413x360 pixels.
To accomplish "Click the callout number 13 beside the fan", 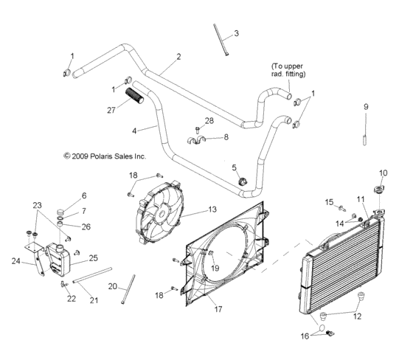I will point(192,210).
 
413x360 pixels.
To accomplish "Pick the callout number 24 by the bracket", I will point(15,260).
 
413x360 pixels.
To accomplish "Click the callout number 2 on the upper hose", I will point(178,56).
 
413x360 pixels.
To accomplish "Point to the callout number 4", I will point(135,130).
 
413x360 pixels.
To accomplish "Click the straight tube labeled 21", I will point(96,274).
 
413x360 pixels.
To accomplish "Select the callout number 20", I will point(113,286).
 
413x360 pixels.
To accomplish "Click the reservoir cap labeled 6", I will point(62,215).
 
